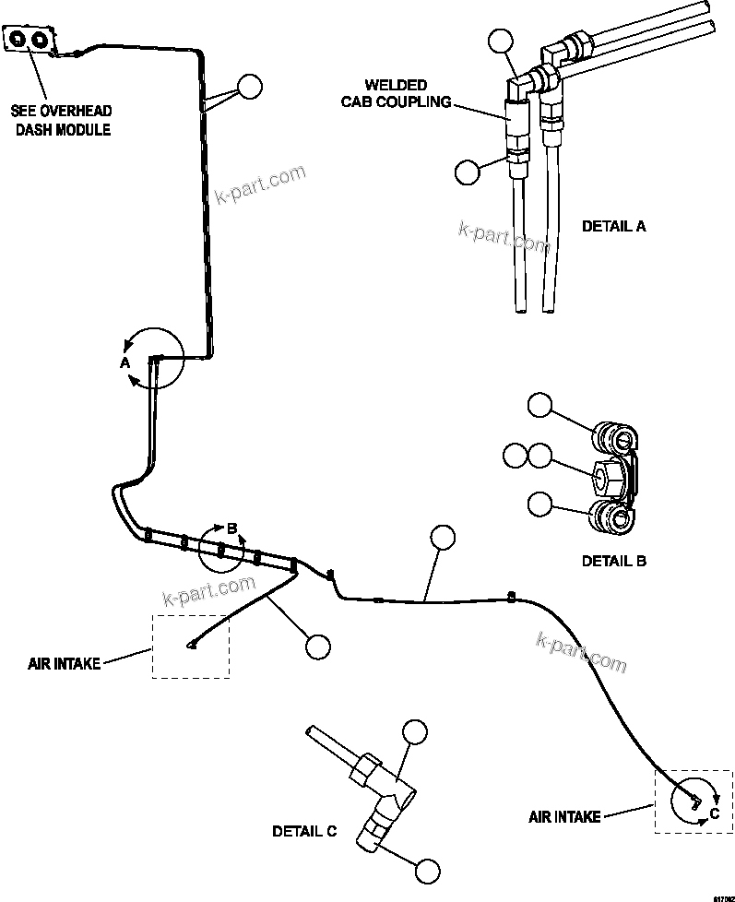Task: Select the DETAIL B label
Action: [x=613, y=560]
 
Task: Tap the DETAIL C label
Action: [x=304, y=831]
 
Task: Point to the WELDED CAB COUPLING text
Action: [x=396, y=93]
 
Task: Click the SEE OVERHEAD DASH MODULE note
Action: [x=61, y=120]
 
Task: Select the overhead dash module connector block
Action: [x=30, y=40]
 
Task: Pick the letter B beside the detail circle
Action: [x=232, y=528]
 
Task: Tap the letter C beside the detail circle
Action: [x=714, y=813]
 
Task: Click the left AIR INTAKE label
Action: [x=64, y=663]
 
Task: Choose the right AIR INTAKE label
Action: [x=564, y=816]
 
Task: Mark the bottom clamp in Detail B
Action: [x=611, y=518]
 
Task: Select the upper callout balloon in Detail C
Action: [x=415, y=731]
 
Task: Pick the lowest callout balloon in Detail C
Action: [x=426, y=870]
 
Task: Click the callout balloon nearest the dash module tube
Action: [x=250, y=87]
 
